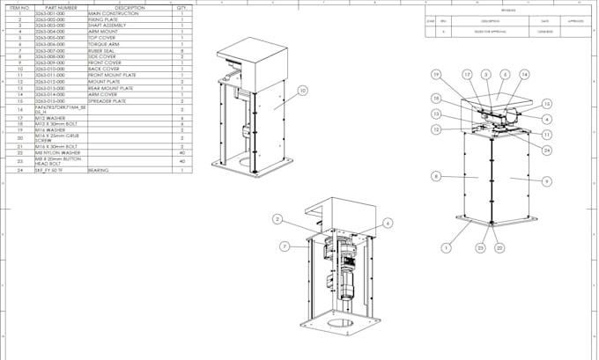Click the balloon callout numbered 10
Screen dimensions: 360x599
pos(302,90)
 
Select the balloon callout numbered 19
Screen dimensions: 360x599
pos(436,75)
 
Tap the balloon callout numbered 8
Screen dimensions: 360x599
pos(435,176)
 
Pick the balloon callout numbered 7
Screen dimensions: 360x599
pos(285,246)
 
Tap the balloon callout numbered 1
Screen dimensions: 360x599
pos(446,248)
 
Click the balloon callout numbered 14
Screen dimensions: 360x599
pos(524,75)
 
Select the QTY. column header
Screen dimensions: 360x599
pos(181,7)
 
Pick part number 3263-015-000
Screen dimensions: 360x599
pos(50,101)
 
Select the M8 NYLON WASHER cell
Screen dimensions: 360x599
pos(58,152)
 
